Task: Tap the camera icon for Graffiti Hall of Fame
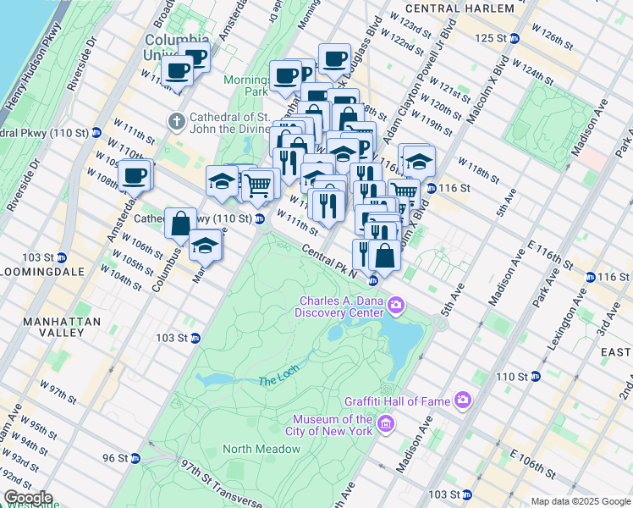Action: click(x=462, y=399)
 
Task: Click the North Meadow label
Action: click(x=250, y=449)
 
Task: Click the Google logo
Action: click(x=28, y=498)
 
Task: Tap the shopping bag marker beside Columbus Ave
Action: click(x=181, y=224)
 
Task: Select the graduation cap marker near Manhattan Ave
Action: click(x=205, y=246)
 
